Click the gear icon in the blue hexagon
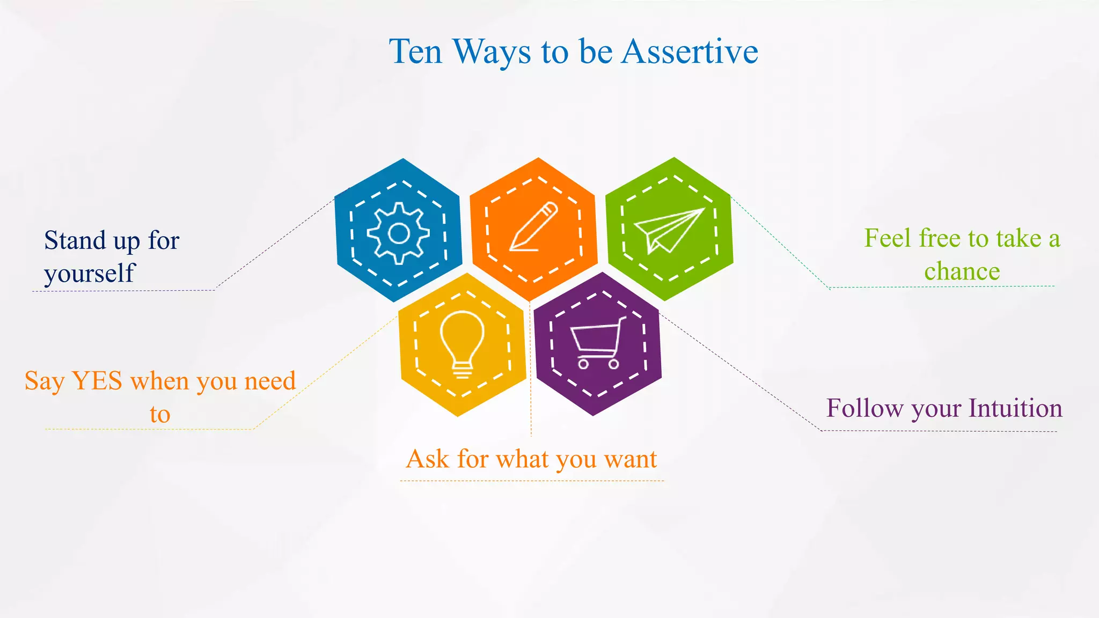click(x=398, y=233)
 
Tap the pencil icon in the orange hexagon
click(x=533, y=226)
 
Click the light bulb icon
click(x=462, y=343)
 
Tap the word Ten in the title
click(x=416, y=52)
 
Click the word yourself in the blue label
click(x=90, y=274)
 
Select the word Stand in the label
click(x=75, y=240)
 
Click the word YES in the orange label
click(x=97, y=381)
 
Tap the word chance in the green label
click(x=962, y=271)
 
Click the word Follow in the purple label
click(x=864, y=408)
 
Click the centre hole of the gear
click(x=398, y=234)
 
